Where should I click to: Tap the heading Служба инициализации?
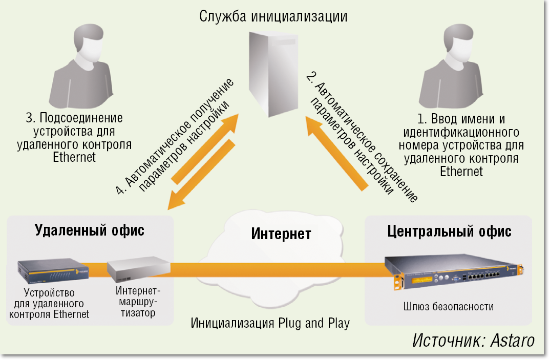[273, 16]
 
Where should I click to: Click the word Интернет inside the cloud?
[281, 235]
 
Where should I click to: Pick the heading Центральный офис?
[449, 231]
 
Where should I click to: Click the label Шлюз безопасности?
[449, 307]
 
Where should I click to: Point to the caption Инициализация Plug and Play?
[270, 323]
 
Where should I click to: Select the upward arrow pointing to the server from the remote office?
[205, 148]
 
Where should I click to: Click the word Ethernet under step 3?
[74, 157]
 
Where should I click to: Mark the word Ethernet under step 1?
[461, 171]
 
